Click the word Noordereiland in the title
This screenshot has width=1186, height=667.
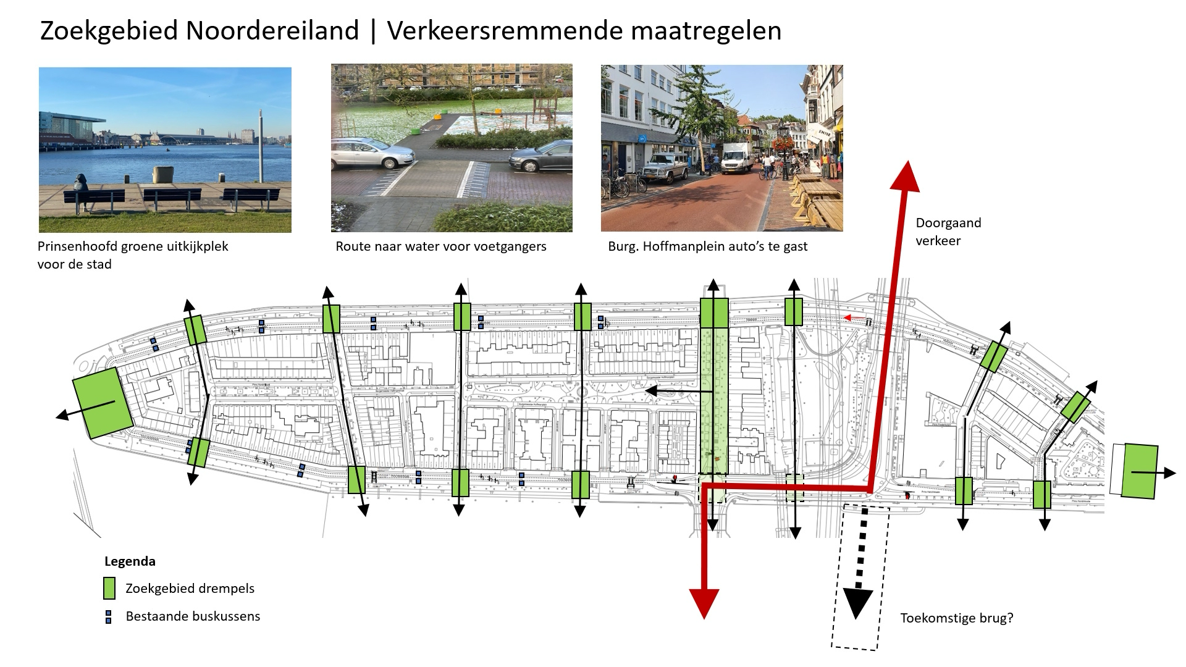point(272,30)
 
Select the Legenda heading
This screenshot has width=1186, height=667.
point(130,561)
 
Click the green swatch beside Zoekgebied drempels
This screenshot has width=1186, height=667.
point(109,588)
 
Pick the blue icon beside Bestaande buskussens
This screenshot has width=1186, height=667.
point(109,616)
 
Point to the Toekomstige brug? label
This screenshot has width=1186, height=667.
point(956,618)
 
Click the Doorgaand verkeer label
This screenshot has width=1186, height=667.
point(948,232)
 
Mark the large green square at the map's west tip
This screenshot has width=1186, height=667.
point(103,403)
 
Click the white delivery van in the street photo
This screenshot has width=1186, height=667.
point(736,158)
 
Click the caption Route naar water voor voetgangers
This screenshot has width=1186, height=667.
point(441,246)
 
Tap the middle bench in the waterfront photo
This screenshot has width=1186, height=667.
point(172,197)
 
